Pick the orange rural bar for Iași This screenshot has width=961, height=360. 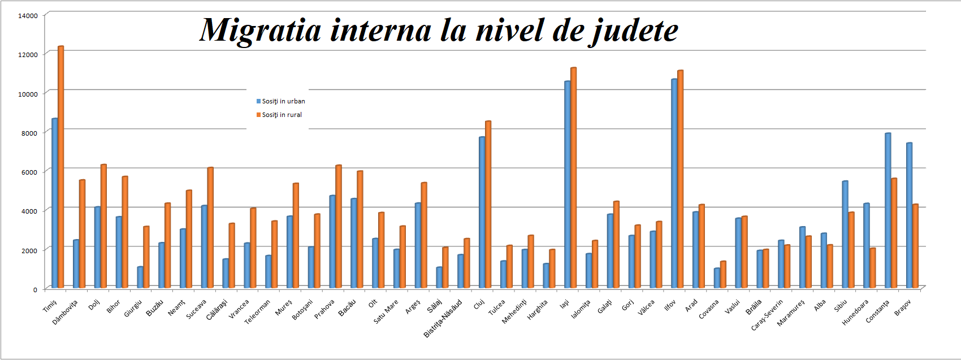pos(573,178)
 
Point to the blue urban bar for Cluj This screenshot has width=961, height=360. pos(482,212)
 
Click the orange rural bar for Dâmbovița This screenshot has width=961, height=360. pos(82,234)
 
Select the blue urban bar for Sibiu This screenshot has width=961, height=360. pos(845,235)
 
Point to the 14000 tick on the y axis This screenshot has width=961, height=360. pos(28,15)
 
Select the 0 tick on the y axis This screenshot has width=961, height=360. pos(35,289)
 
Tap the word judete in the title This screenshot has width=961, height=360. pos(633,31)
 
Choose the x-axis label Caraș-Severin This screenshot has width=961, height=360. pos(767,315)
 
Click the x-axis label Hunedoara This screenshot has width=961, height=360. pos(855,313)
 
